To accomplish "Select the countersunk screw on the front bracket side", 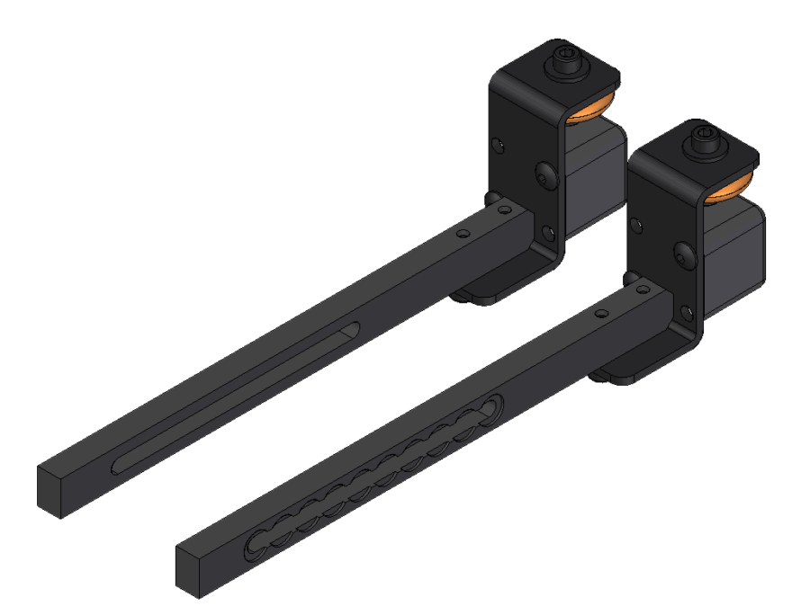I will [684, 253].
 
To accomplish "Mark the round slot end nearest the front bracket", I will [493, 409].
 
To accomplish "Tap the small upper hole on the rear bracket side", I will [498, 142].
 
